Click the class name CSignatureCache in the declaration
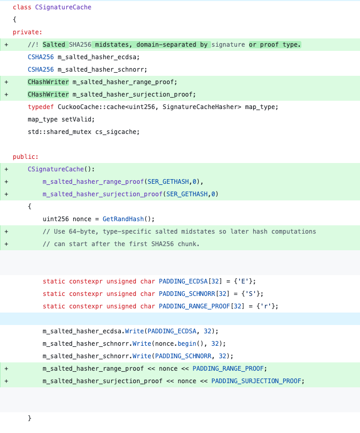[63, 7]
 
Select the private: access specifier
[27, 32]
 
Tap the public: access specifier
[25, 157]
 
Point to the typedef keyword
[40, 107]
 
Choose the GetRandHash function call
[123, 219]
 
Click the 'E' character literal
[243, 281]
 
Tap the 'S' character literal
[251, 294]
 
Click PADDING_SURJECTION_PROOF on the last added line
[256, 381]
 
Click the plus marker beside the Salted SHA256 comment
[6, 45]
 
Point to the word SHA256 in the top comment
[80, 45]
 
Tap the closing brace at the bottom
[30, 418]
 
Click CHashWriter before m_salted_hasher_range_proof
[48, 82]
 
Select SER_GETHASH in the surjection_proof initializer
[187, 194]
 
